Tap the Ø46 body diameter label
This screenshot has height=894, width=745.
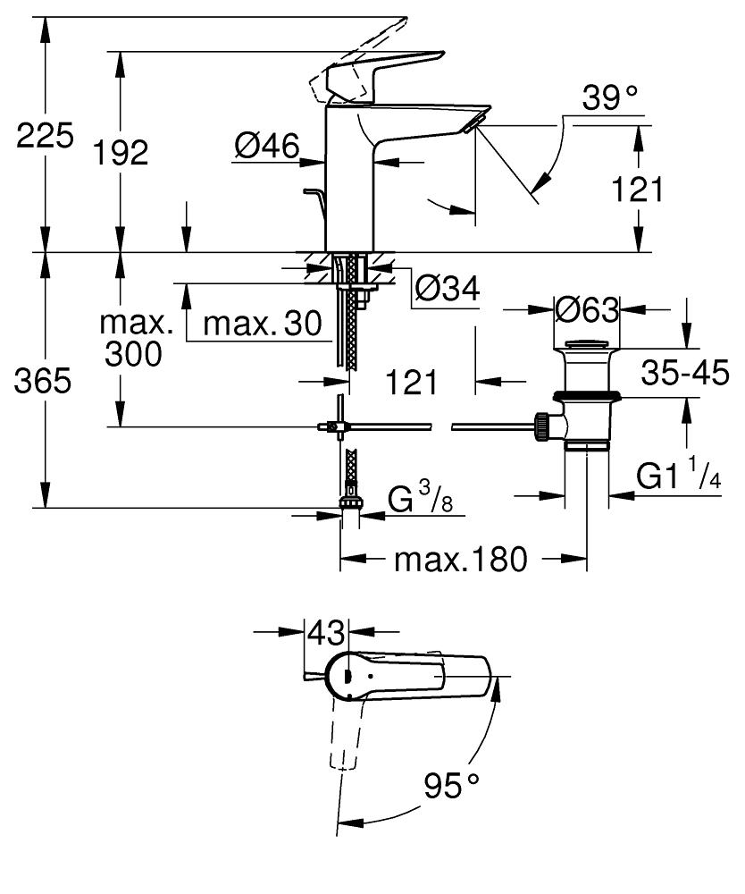[x=266, y=146]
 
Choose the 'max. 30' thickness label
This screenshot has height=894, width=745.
[x=262, y=323]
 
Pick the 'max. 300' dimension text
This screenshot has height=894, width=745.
[x=133, y=338]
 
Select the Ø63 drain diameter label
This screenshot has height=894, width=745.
[x=586, y=310]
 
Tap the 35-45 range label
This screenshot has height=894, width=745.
[x=685, y=374]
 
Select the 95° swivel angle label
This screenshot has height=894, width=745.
[x=451, y=787]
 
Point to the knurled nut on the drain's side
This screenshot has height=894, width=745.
[x=540, y=426]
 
